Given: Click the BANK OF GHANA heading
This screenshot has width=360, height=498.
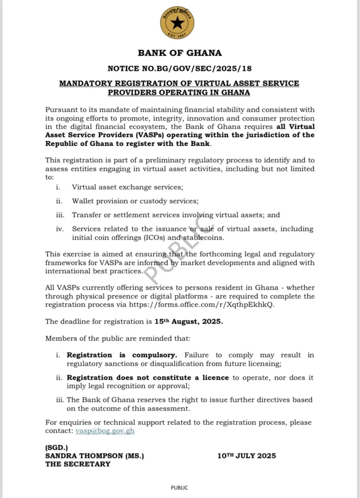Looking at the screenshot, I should pos(180,53).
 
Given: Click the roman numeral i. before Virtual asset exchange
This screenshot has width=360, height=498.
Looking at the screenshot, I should pos(58,187).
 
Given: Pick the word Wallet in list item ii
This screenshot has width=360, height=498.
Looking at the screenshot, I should pos(83,201).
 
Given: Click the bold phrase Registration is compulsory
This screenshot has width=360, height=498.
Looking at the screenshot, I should pos(122,355).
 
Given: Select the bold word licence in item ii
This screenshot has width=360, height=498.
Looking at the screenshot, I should pos(215,378).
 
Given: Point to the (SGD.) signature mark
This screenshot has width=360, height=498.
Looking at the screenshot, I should pos(57,448).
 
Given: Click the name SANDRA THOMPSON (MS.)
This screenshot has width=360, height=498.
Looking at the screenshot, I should pos(94,456).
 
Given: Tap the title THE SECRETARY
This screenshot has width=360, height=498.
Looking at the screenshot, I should pos(78,464).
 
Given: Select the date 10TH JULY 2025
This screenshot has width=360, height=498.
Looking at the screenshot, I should pos(247,456).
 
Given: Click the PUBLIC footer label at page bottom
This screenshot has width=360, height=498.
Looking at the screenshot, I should pos(179,488).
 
